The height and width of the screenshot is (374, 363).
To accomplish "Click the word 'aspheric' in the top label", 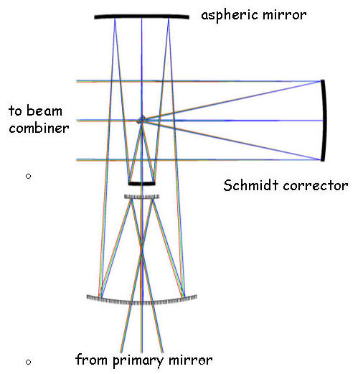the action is point(230,16).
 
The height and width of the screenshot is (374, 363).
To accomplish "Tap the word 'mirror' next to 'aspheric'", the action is point(285,15).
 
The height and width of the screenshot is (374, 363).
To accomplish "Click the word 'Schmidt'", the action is point(251,185).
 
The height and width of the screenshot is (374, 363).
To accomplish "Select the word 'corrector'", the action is point(316,186).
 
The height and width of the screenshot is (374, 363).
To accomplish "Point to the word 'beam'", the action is point(44,111).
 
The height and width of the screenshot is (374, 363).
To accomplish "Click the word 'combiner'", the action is point(39,128).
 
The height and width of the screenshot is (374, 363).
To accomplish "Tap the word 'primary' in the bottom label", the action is point(138,361).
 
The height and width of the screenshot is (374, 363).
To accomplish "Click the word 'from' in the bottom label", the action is point(91,360).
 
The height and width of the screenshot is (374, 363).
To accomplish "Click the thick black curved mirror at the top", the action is point(141,17).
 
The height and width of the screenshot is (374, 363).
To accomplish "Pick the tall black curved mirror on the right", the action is point(324,121).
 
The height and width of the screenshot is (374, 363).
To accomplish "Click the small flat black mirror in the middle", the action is point(141,184).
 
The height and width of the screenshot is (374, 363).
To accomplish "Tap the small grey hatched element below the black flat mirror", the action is point(142,197).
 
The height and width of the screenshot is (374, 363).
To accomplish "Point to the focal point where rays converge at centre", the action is point(141,120).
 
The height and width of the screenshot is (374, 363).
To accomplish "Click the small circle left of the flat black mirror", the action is point(28,177).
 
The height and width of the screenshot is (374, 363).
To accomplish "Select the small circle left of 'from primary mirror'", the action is point(28,362).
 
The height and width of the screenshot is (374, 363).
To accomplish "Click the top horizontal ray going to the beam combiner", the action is point(199,81).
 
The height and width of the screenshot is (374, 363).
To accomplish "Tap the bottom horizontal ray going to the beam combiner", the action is point(199,159).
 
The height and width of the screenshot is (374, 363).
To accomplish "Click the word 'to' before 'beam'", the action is point(15,111).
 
